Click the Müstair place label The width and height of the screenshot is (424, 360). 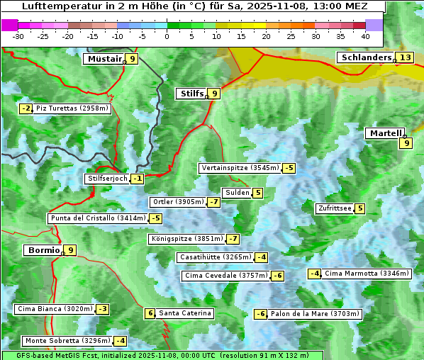click(104, 59)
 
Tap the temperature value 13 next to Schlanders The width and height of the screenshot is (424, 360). click(405, 58)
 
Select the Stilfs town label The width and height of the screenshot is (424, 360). click(190, 94)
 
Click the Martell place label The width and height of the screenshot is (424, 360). click(385, 133)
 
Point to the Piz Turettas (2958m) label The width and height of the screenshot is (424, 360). click(72, 108)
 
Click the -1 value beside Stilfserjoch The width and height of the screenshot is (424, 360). click(138, 179)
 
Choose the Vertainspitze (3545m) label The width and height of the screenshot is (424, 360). click(240, 168)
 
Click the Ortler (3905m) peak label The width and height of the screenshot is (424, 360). click(178, 202)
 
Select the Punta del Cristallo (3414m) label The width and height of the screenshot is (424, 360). click(97, 218)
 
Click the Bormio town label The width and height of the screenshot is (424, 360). click(43, 250)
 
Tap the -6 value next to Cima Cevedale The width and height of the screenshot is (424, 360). click(278, 276)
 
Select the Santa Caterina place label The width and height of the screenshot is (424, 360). click(184, 313)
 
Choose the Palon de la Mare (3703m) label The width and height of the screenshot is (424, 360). click(316, 314)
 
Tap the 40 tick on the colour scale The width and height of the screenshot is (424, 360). click(365, 36)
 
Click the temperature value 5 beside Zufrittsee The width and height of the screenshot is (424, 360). click(360, 208)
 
